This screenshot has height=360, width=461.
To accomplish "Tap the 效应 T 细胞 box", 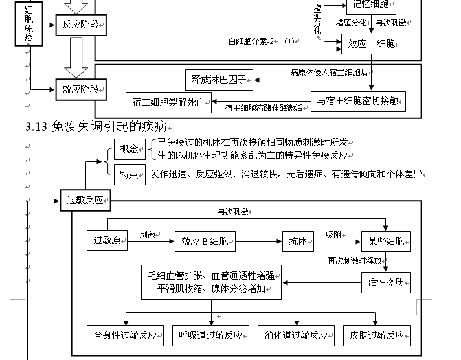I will [371, 44].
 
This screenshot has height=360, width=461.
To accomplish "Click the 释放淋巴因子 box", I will [218, 80].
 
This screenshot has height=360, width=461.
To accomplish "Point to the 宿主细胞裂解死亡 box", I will [168, 102].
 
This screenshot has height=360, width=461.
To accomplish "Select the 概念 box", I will [129, 149].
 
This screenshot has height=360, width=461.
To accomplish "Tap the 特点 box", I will [129, 174].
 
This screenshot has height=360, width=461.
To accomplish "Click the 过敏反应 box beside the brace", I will [85, 200].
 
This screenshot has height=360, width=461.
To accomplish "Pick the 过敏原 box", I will [107, 240].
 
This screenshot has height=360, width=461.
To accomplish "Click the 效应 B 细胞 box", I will [204, 242].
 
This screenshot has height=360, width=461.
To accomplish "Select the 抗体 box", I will [298, 241].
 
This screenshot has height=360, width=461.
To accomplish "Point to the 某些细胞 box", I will [386, 242].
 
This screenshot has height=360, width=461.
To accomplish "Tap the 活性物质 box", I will [386, 282].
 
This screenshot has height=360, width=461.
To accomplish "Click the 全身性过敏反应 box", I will [126, 335].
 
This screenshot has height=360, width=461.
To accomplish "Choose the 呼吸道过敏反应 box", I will [211, 335].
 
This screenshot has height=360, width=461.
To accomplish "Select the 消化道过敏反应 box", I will [296, 335].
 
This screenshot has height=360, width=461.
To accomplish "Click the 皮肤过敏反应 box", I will [377, 335].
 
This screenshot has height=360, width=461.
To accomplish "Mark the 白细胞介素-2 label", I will [251, 41].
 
